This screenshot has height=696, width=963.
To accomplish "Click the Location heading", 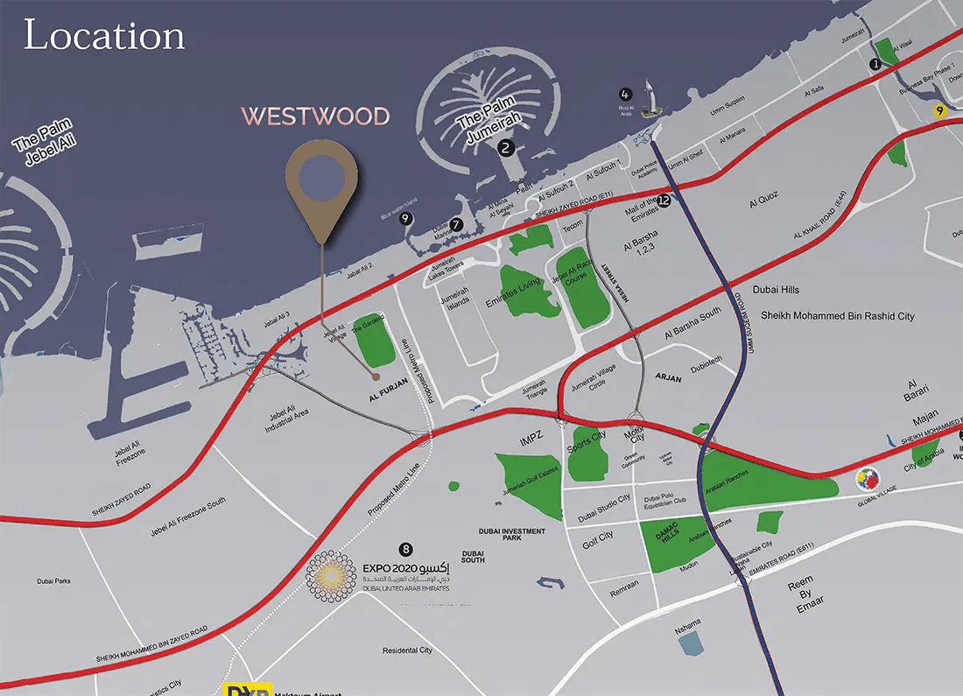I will pyautogui.click(x=104, y=36).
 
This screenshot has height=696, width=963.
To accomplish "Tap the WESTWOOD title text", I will pyautogui.click(x=316, y=116).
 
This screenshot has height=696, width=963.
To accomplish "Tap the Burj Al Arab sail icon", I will pyautogui.click(x=649, y=98).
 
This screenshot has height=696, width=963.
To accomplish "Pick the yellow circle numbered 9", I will pyautogui.click(x=940, y=111).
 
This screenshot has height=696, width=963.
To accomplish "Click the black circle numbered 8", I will pyautogui.click(x=404, y=549).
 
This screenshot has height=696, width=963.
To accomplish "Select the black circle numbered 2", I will pyautogui.click(x=505, y=148).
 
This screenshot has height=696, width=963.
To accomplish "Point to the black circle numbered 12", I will pyautogui.click(x=664, y=200).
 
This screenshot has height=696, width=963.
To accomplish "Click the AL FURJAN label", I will pyautogui.click(x=377, y=396).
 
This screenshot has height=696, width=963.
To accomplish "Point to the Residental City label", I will pyautogui.click(x=407, y=650).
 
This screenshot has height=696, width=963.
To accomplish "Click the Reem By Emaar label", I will pyautogui.click(x=800, y=593).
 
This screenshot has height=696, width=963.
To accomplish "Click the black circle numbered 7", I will pyautogui.click(x=456, y=224).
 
